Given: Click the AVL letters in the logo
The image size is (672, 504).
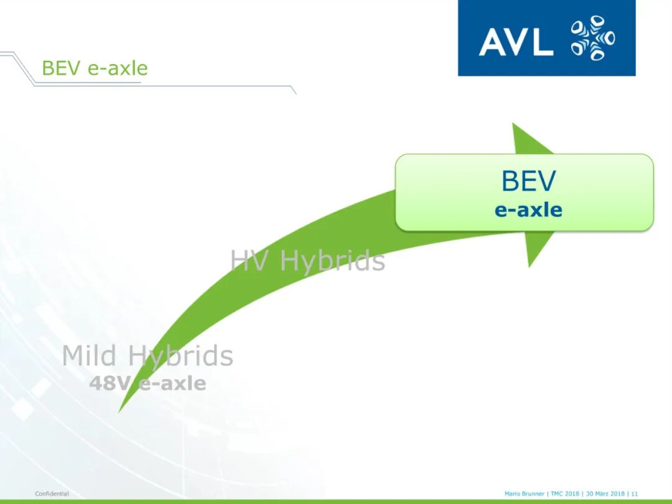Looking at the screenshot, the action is pos(516,42).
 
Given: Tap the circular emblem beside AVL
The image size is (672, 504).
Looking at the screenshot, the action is pos(593,38).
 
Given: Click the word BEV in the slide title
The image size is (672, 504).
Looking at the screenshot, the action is pos(61,68).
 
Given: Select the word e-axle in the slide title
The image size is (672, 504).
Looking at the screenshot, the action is pos(118,68).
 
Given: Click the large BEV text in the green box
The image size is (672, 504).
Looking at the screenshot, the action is pos(528,181).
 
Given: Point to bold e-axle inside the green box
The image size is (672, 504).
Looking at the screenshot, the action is pos(528,210).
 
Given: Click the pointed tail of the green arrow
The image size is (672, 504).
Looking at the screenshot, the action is pos(119,411).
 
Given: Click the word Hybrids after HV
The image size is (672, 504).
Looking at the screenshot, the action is pos(332,261).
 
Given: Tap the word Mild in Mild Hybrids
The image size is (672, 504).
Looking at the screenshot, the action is pos(89,355).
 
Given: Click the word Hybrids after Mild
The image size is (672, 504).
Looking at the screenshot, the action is pos(180,357).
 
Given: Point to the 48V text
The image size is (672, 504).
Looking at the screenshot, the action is pos(109,383).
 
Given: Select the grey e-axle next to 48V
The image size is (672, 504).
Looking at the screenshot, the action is pos(172,383).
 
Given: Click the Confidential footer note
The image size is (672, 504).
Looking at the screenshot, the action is pos(52,493).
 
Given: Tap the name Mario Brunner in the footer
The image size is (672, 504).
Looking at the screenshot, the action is pos(524,493).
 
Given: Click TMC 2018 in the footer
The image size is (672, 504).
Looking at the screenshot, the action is pos(565,493).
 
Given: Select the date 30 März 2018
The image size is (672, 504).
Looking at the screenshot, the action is pos(605,493).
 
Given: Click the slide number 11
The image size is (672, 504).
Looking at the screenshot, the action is pos(634,493).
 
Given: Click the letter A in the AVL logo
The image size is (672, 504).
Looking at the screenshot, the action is pos(492,42).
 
